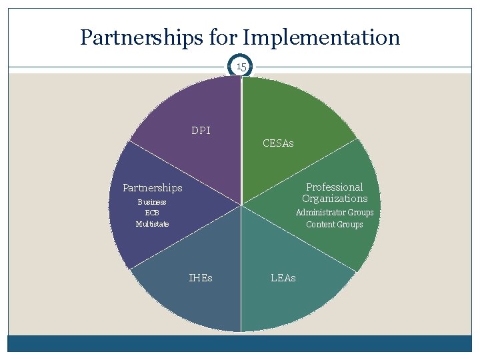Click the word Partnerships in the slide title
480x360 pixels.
(x=133, y=37)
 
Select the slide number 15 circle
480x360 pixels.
(x=241, y=67)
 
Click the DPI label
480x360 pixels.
(x=201, y=131)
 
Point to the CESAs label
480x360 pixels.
(x=278, y=143)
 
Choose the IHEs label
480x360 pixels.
(x=201, y=277)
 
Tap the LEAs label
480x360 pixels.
(x=283, y=277)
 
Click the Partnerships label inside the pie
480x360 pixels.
(x=152, y=188)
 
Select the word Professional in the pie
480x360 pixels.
(x=335, y=187)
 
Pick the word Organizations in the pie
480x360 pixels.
(x=335, y=199)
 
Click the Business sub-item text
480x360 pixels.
(x=152, y=202)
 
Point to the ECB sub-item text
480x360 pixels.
(x=152, y=213)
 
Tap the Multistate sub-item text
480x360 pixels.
(x=152, y=224)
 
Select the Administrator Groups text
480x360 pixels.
(x=335, y=213)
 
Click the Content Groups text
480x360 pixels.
(x=335, y=225)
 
